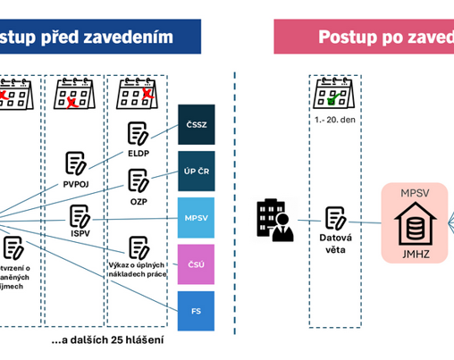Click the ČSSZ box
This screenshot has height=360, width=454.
coord(196,124)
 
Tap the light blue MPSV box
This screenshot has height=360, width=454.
coord(196,218)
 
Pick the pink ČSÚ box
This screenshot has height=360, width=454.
coord(196,264)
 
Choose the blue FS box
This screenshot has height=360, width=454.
coord(196,312)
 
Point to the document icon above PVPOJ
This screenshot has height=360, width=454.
coord(75,163)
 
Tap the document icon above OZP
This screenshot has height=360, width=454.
coord(138,180)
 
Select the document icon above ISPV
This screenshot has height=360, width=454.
coord(80,216)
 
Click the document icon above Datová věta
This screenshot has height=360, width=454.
coord(336,217)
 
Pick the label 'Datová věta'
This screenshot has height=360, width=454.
coord(336,244)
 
